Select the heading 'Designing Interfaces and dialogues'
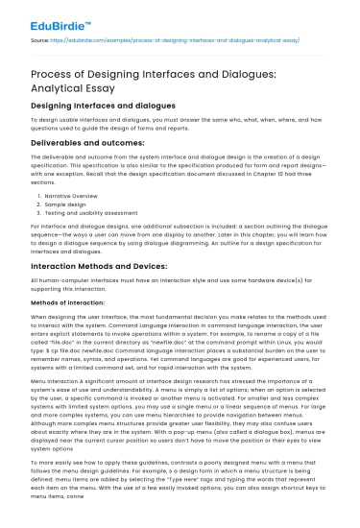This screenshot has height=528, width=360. (x=101, y=103)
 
